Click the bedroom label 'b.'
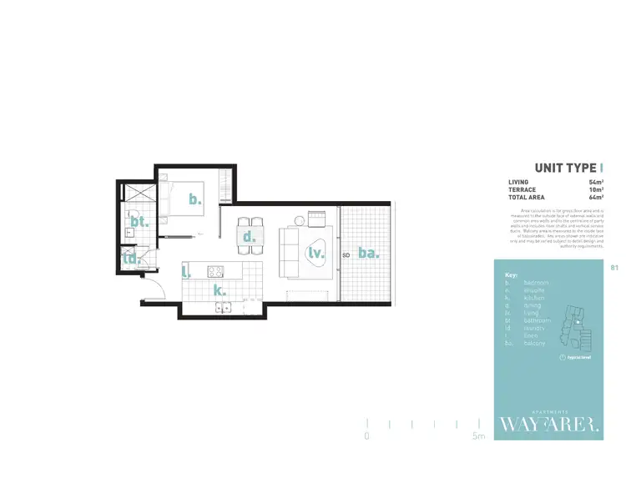coord(194,199)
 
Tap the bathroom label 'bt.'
coord(139,221)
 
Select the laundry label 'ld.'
coord(131,259)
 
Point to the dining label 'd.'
coord(248,237)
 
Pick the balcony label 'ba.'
coord(368,252)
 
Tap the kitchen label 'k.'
coord(220,290)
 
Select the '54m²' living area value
coord(595,182)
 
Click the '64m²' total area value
coord(595,197)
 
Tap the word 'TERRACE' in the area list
coord(521,189)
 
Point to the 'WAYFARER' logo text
coord(548,425)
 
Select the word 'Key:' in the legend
coord(512,274)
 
